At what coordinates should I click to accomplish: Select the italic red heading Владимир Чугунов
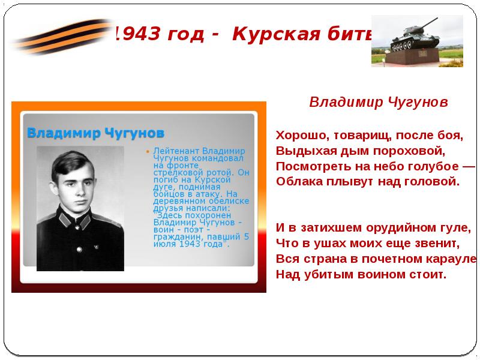(379, 103)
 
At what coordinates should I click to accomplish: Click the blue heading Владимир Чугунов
(96, 133)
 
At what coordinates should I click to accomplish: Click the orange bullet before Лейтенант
(148, 151)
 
